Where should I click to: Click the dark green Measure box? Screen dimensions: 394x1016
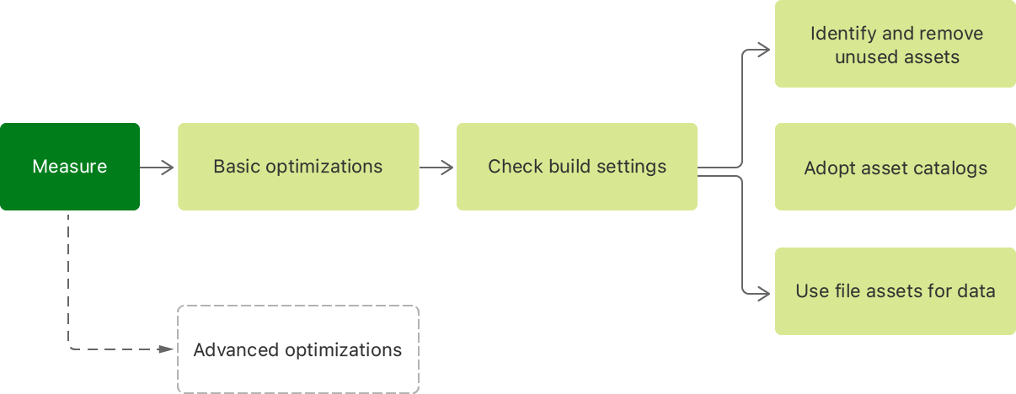tap(70, 167)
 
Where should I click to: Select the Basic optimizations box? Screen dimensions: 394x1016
tap(298, 167)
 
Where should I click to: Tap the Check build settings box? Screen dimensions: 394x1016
tap(577, 167)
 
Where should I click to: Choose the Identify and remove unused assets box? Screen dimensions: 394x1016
tap(896, 44)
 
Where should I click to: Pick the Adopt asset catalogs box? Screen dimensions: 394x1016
tap(896, 167)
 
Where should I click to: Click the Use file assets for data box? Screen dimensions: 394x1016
tap(896, 291)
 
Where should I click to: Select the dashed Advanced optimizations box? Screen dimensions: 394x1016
tap(298, 349)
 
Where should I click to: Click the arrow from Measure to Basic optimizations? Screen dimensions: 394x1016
tap(158, 168)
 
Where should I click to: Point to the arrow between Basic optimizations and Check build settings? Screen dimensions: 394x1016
tap(437, 168)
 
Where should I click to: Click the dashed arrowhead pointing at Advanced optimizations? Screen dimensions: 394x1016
tap(167, 349)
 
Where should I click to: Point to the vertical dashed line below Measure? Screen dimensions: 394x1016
tap(68, 278)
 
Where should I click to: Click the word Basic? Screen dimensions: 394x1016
tap(237, 167)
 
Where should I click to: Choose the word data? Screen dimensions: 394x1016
tap(977, 291)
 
